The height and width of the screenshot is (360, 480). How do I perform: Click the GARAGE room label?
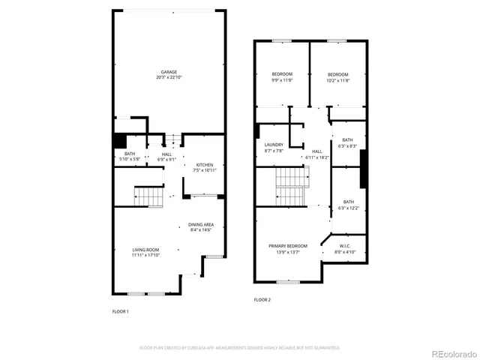[x=168, y=72]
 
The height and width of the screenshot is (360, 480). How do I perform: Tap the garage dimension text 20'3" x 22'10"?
[x=168, y=78]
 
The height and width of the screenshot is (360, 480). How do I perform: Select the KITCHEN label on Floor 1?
[x=205, y=165]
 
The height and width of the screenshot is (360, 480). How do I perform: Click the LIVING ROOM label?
[x=145, y=250]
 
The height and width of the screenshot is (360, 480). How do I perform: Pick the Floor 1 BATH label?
[x=130, y=154]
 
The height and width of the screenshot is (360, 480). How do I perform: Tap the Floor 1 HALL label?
[x=167, y=154]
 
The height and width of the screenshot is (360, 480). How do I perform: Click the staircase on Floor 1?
[x=148, y=197]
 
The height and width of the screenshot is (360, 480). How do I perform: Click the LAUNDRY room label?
[x=274, y=145]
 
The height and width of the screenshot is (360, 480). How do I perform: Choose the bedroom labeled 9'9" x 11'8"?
[x=282, y=74]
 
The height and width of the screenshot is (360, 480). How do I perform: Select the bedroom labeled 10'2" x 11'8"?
[x=337, y=74]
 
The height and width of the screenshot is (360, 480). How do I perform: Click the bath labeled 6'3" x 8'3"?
[x=347, y=140]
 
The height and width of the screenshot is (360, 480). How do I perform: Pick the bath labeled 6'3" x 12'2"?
[x=348, y=202]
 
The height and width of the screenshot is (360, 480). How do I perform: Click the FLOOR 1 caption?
[x=120, y=310]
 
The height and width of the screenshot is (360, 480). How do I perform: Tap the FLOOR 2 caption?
[x=262, y=299]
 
